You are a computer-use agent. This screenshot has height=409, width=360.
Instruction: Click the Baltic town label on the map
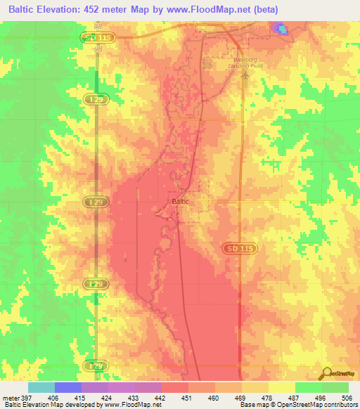[x=179, y=201]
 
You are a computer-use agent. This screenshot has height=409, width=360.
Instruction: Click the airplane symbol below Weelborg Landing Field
[x=245, y=76]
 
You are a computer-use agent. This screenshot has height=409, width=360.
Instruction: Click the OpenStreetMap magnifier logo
[x=326, y=373]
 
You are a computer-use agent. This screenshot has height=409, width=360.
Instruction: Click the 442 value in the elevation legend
[x=161, y=397]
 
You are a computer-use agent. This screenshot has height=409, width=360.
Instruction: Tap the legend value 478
[x=268, y=397]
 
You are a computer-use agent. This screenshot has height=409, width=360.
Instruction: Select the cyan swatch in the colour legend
[x=41, y=387]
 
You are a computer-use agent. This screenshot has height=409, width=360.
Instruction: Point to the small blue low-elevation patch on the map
[x=281, y=29]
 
